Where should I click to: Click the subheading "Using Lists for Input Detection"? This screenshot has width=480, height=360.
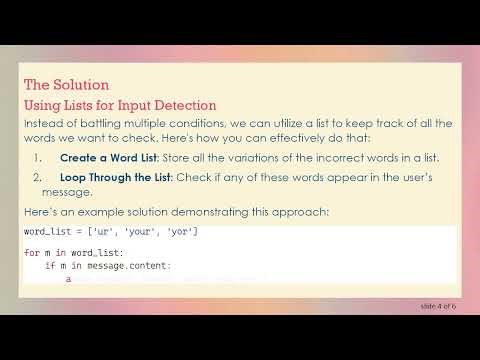pyautogui.click(x=120, y=105)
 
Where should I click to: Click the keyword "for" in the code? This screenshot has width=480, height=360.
pyautogui.click(x=32, y=253)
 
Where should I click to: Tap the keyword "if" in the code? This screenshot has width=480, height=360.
pyautogui.click(x=50, y=266)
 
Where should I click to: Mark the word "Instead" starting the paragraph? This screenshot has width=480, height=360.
pyautogui.click(x=42, y=123)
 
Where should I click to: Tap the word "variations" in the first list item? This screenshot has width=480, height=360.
pyautogui.click(x=272, y=158)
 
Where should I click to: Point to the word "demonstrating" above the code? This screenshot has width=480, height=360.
pyautogui.click(x=233, y=213)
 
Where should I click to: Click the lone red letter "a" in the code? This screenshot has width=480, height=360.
pyautogui.click(x=68, y=280)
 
